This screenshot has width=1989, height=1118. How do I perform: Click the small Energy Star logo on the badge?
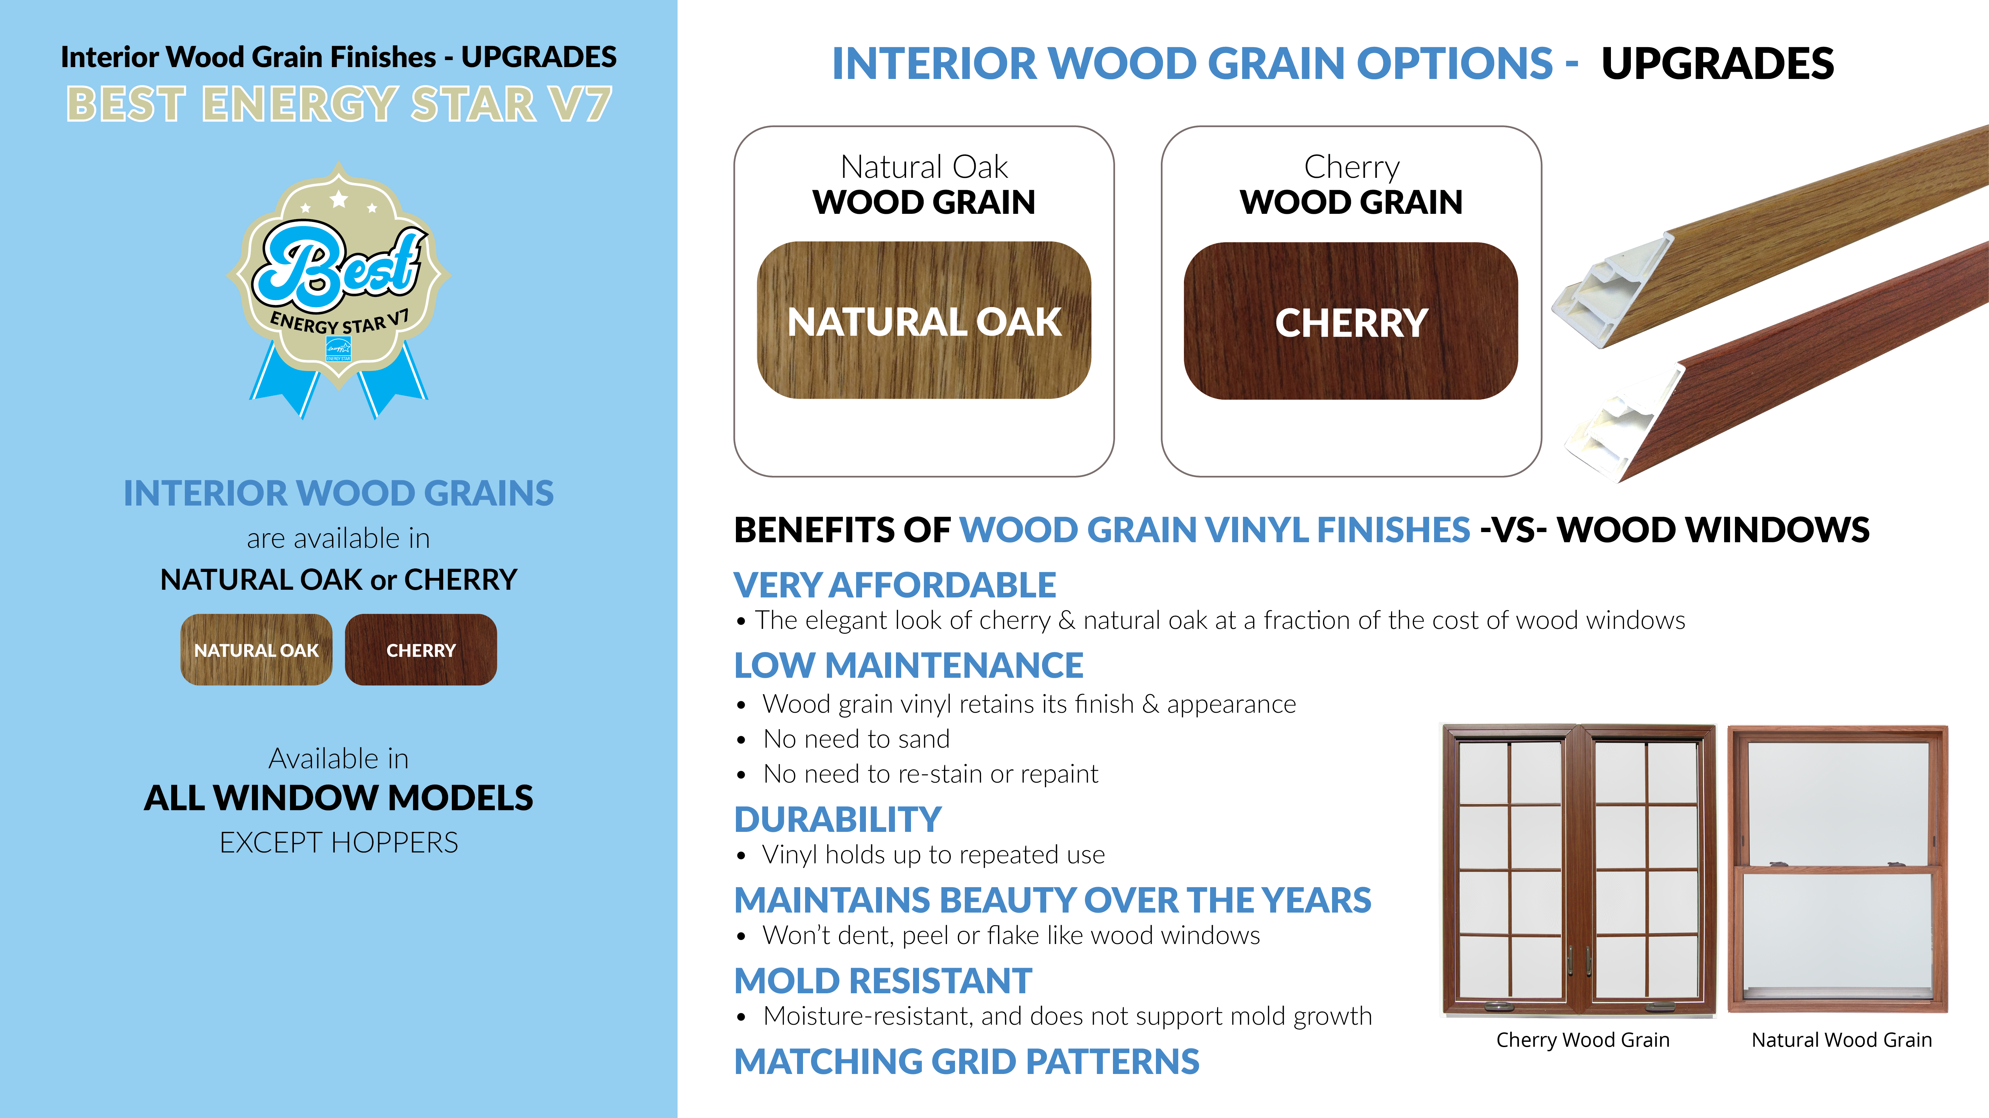tap(339, 349)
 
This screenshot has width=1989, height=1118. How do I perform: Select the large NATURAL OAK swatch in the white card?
tap(924, 320)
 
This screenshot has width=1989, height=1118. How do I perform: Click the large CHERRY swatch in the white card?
tap(1351, 320)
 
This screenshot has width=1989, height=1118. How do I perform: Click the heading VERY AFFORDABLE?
tap(895, 585)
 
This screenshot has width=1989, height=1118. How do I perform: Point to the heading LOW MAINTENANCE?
tap(909, 666)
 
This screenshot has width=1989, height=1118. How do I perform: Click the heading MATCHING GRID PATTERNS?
tap(967, 1062)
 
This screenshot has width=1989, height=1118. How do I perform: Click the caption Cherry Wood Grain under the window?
tap(1583, 1040)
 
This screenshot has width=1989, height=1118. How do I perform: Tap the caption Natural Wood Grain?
tap(1842, 1040)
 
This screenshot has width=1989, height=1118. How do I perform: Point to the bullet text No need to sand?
tap(856, 739)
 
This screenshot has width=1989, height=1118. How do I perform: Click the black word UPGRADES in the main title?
tap(1717, 63)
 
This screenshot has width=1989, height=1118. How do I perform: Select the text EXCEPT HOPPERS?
tap(339, 842)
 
